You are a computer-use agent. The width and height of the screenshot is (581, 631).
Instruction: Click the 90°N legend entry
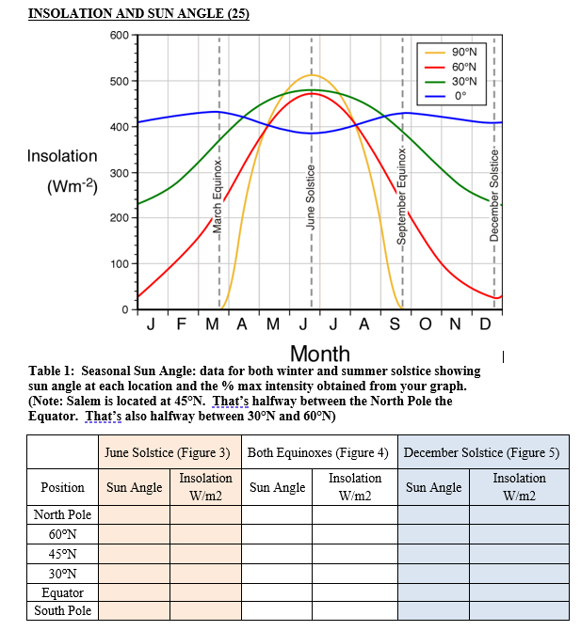coord(464,52)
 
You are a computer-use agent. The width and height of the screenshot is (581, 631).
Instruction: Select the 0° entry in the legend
coord(460,96)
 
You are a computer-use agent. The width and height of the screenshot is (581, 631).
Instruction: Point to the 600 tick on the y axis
coord(119,36)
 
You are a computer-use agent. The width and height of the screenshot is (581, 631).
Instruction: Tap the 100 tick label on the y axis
coord(119,264)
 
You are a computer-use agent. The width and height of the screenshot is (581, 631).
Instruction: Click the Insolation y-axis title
coord(62,156)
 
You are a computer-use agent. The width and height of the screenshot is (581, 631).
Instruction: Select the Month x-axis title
coord(320,354)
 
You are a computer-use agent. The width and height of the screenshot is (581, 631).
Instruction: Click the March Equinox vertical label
coord(217,198)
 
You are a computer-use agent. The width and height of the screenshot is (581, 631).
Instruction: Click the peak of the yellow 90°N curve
coord(312,75)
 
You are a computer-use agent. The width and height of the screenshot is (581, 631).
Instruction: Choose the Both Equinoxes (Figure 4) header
coord(318,452)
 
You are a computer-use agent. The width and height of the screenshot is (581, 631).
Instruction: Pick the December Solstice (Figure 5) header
coord(481,452)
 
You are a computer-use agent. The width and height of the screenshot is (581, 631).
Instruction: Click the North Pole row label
coord(62,514)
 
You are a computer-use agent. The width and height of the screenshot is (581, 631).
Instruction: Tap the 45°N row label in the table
coord(62,553)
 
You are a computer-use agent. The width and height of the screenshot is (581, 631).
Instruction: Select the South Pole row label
coord(62,611)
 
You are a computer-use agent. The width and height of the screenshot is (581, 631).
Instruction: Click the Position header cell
coord(62,487)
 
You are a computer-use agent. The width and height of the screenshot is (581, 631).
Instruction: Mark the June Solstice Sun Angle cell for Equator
coord(135,592)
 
